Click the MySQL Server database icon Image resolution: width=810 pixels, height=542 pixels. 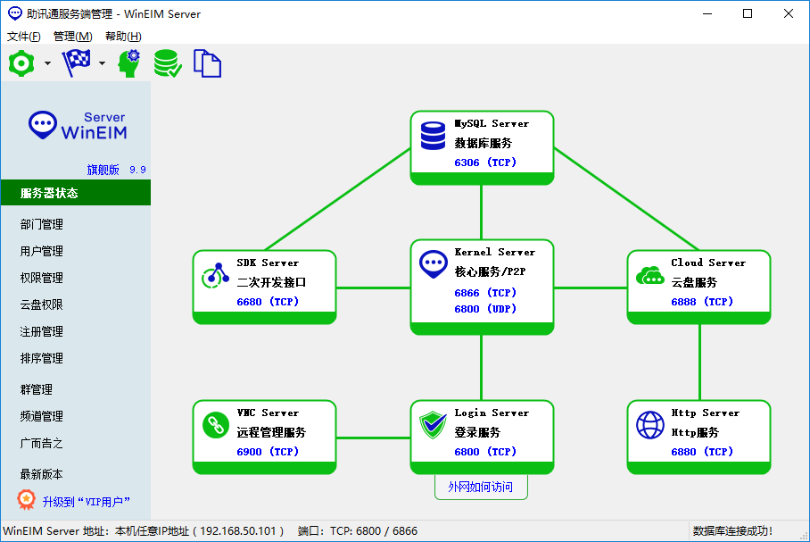click(x=433, y=136)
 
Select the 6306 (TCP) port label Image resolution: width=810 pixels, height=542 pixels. click(x=485, y=163)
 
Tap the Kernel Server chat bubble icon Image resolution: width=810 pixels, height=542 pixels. click(x=433, y=264)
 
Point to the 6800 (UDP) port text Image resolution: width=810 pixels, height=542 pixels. click(x=485, y=309)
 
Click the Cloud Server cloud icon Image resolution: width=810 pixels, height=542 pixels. click(x=649, y=275)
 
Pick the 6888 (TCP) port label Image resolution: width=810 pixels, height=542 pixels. click(x=702, y=302)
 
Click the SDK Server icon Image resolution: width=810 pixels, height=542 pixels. click(x=215, y=276)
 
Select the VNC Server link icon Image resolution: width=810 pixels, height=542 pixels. click(x=215, y=425)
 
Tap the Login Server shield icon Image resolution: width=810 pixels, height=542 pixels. click(x=433, y=425)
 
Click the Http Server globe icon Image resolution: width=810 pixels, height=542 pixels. click(x=649, y=425)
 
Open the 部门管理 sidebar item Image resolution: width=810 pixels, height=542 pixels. click(x=42, y=224)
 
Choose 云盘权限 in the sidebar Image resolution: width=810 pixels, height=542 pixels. click(x=42, y=304)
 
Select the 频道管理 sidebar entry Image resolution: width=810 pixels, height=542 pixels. click(x=42, y=416)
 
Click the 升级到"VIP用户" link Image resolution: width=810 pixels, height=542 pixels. click(x=85, y=502)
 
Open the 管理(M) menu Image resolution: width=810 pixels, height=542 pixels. click(x=72, y=37)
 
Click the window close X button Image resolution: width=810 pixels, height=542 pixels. click(x=789, y=13)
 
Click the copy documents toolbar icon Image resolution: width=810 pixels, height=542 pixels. click(x=207, y=63)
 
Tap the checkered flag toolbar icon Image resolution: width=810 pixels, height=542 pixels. click(x=76, y=63)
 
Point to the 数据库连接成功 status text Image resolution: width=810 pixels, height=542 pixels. click(x=732, y=531)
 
